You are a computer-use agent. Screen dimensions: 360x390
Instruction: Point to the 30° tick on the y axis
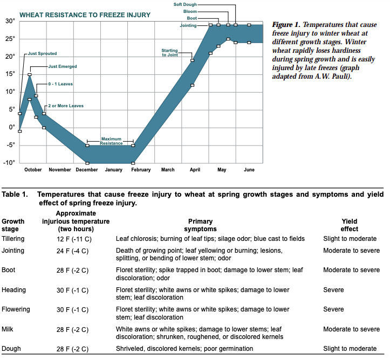11,21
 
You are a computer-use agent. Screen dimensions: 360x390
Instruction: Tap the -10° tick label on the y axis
10,162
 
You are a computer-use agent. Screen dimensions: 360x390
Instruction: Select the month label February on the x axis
140,170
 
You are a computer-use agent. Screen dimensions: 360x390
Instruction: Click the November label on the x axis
60,170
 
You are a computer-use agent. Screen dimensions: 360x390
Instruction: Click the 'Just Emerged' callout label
63,66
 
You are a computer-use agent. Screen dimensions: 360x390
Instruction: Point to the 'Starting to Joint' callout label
170,52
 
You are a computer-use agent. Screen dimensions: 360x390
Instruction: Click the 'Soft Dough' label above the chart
184,4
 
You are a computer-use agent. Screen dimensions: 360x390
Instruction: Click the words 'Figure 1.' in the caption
286,25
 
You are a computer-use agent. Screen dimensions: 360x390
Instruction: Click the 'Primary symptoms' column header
201,225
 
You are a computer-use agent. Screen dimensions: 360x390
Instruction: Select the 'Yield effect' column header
350,225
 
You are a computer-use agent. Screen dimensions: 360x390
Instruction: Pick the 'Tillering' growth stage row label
13,239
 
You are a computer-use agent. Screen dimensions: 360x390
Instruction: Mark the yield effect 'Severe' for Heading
333,290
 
